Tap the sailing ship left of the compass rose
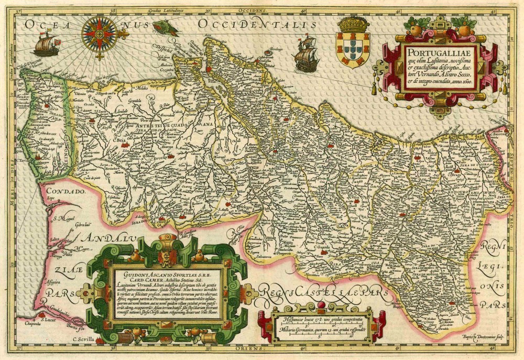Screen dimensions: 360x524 [46, 45]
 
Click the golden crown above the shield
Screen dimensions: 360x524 [353, 24]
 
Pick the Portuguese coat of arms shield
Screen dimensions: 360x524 [353, 49]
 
